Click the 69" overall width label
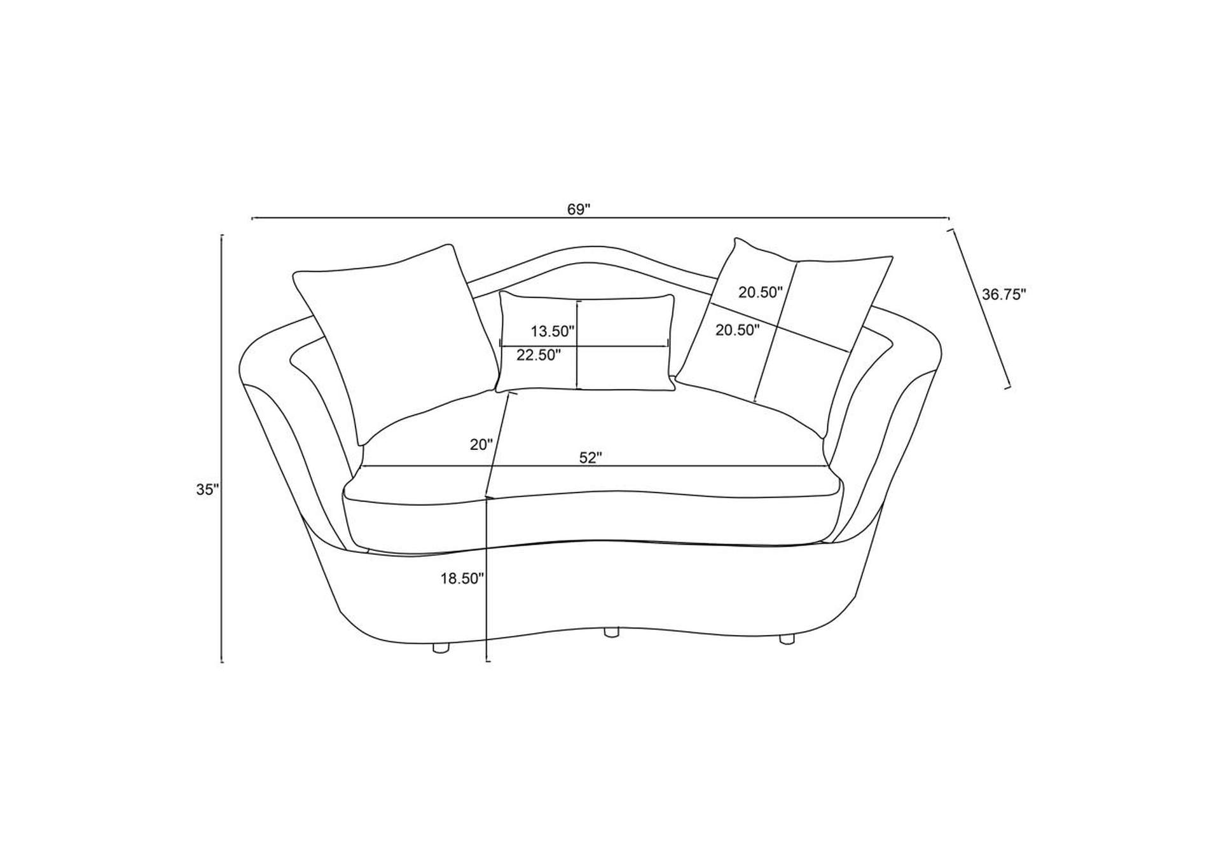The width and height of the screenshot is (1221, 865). tap(579, 209)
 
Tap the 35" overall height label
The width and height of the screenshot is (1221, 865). tap(208, 489)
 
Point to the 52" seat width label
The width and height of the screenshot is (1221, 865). tap(590, 458)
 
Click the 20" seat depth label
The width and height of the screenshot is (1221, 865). tap(481, 445)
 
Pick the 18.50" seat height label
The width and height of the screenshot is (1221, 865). tap(462, 578)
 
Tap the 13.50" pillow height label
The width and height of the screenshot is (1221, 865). tap(553, 331)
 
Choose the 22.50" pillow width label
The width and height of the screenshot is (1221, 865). tap(538, 355)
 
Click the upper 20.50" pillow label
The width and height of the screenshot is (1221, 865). tap(760, 292)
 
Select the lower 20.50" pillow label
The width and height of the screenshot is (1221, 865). tap(738, 330)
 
